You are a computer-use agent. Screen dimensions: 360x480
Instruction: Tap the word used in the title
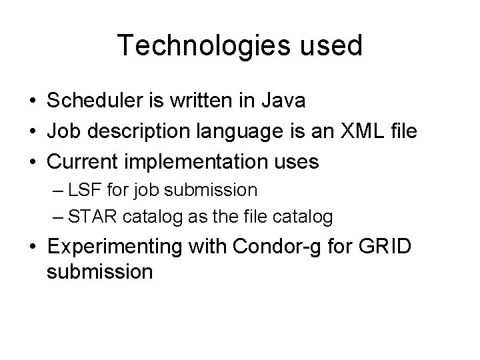coord(329,46)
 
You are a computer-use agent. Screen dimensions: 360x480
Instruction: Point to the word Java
coord(283,101)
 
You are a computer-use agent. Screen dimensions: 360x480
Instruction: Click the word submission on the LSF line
coord(212,191)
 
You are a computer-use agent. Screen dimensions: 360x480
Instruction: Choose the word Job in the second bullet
coord(62,131)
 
